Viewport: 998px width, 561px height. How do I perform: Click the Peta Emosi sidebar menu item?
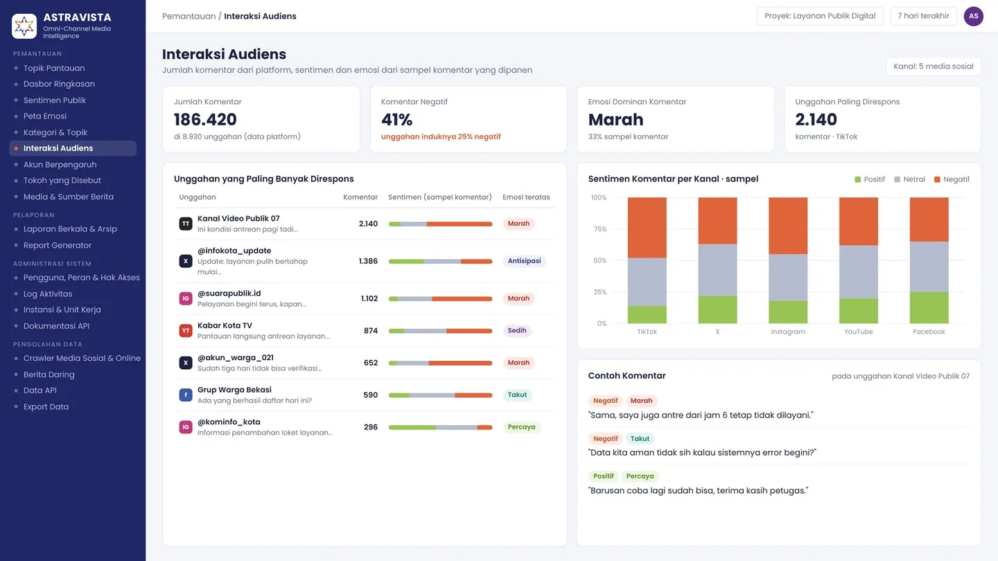coord(44,116)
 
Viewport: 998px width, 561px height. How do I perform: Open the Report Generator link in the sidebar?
coord(57,245)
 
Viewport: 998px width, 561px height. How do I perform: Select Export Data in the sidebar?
coord(46,407)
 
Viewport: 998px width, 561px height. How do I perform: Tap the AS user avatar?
coord(974,17)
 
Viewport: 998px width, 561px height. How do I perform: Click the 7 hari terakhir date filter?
coord(923,16)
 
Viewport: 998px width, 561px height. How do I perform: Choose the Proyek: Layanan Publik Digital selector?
coord(820,16)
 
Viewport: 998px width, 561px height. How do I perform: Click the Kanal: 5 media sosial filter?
coord(934,66)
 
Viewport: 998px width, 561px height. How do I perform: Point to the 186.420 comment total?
coord(205,119)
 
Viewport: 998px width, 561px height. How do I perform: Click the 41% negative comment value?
coord(396,119)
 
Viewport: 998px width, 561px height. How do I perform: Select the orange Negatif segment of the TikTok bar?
coord(647,227)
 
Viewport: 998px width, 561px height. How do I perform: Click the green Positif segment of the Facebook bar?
coord(929,308)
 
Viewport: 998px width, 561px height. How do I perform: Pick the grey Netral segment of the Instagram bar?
coord(788,277)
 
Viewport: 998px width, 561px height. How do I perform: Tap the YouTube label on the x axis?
coord(858,332)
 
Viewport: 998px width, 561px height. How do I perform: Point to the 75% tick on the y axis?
coord(599,229)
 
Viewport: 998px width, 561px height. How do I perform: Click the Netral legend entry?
coord(909,179)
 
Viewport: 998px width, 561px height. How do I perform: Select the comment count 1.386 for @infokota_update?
coord(368,261)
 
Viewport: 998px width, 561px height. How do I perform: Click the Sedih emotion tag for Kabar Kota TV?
coord(517,331)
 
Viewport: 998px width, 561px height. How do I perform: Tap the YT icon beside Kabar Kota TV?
coord(186,331)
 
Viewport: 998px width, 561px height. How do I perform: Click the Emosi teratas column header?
coord(526,197)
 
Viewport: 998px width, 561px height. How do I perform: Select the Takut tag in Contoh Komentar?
coord(640,438)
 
